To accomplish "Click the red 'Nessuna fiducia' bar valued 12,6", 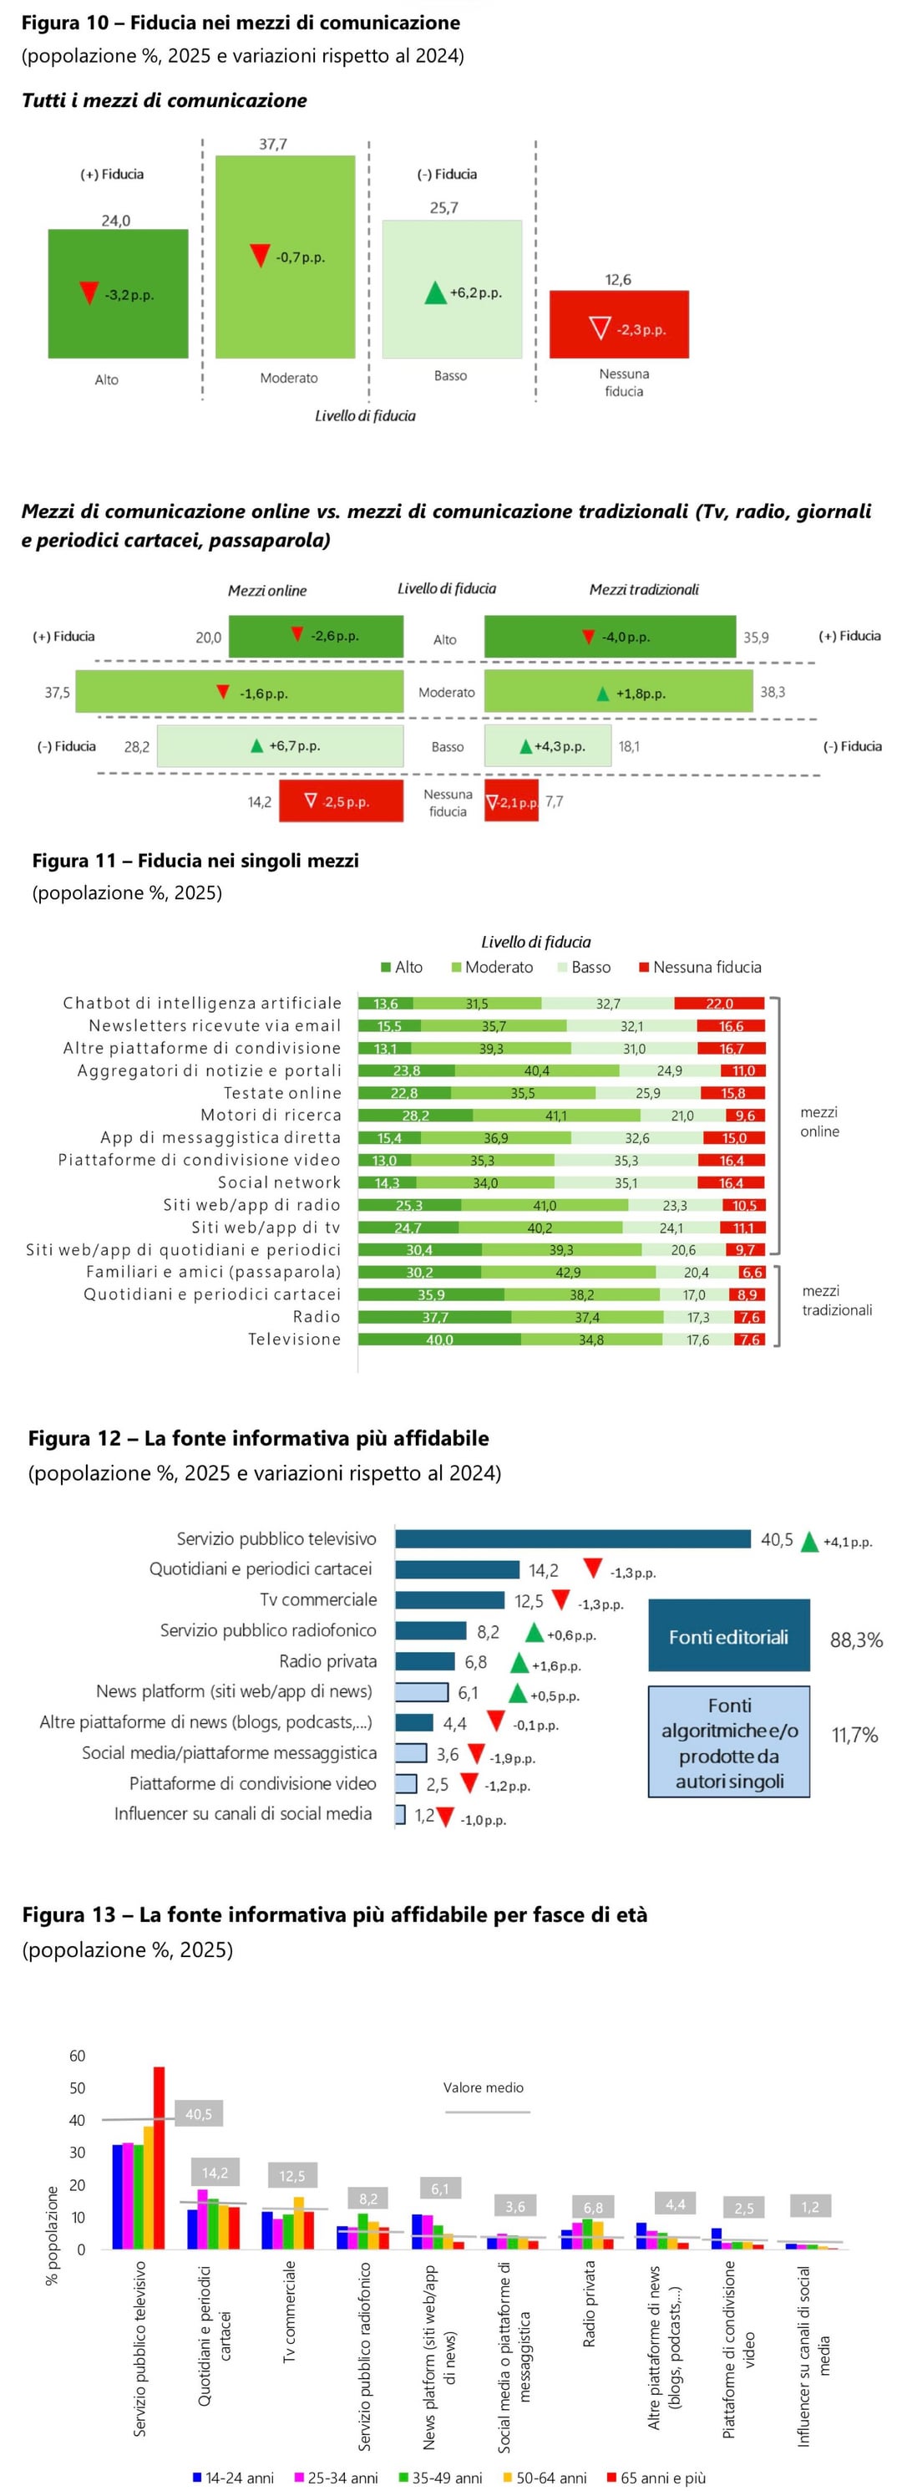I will pyautogui.click(x=619, y=324).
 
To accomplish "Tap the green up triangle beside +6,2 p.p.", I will pyautogui.click(x=436, y=292).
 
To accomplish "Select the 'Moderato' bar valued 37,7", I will pyautogui.click(x=285, y=257).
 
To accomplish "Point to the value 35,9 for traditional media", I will pyautogui.click(x=756, y=638).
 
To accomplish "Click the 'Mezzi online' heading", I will pyautogui.click(x=266, y=590).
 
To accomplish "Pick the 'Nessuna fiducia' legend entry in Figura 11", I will pyautogui.click(x=699, y=967).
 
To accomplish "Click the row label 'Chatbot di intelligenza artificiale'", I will pyautogui.click(x=202, y=1003).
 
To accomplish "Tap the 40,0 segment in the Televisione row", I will pyautogui.click(x=439, y=1340).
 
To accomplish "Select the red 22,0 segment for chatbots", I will pyautogui.click(x=719, y=1004).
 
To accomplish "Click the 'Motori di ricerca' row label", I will pyautogui.click(x=271, y=1115).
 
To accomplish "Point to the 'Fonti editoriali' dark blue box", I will pyautogui.click(x=728, y=1636).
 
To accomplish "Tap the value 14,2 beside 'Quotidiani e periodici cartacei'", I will pyautogui.click(x=544, y=1569).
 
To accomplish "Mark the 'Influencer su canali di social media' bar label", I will pyautogui.click(x=243, y=1813).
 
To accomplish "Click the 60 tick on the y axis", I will pyautogui.click(x=78, y=2055).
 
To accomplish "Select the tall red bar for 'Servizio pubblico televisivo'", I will pyautogui.click(x=159, y=2157).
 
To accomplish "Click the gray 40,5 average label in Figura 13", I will pyautogui.click(x=198, y=2114).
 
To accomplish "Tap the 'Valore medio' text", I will pyautogui.click(x=484, y=2087).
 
